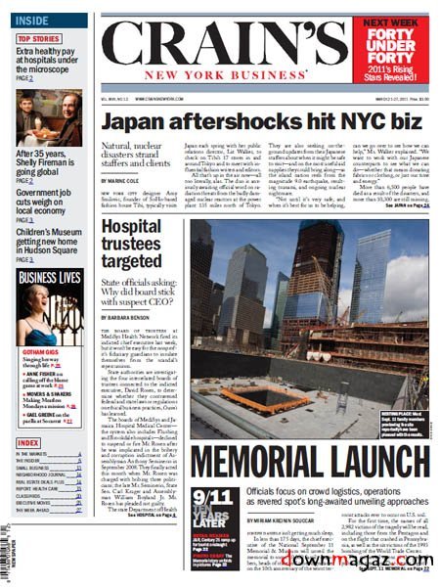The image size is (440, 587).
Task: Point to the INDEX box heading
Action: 28,443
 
